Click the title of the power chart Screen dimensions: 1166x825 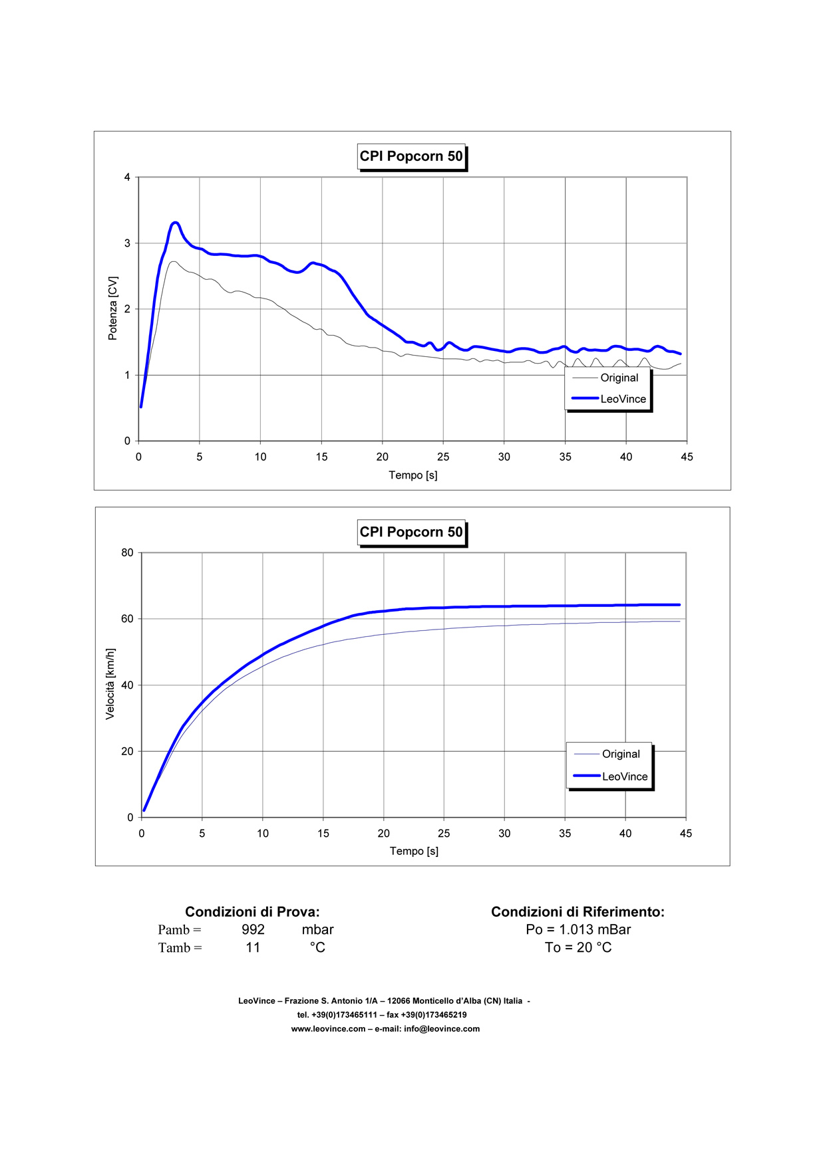pos(411,157)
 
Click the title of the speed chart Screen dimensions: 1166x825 pos(411,532)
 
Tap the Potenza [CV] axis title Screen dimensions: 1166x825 pos(113,308)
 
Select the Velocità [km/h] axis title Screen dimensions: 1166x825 pos(110,684)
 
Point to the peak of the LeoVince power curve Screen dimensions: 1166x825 pos(176,223)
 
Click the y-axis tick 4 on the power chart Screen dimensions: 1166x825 pos(127,177)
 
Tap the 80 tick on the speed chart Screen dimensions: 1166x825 pos(127,553)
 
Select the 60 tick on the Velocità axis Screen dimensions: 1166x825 pos(127,619)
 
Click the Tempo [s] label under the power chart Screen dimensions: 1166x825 pos(413,475)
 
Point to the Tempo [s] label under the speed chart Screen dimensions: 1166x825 pos(414,851)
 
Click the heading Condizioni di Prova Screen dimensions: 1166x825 pos(252,912)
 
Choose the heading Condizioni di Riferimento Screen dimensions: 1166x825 pos(577,912)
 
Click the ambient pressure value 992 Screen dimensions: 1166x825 pos(253,930)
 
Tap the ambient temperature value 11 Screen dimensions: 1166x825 pos(253,948)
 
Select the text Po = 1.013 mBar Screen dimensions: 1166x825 pos(578,930)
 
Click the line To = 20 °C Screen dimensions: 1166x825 pos(578,948)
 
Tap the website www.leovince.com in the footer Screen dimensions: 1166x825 pos(328,1029)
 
